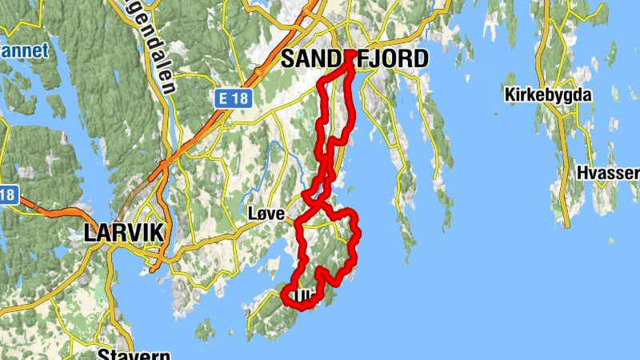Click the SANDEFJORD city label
354,58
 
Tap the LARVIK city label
123,234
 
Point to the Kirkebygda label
548,95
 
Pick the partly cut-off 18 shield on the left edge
8,194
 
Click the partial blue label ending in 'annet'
24,51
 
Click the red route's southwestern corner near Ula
284,295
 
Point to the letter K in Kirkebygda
510,95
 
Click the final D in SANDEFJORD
420,58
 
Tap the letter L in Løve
252,215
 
